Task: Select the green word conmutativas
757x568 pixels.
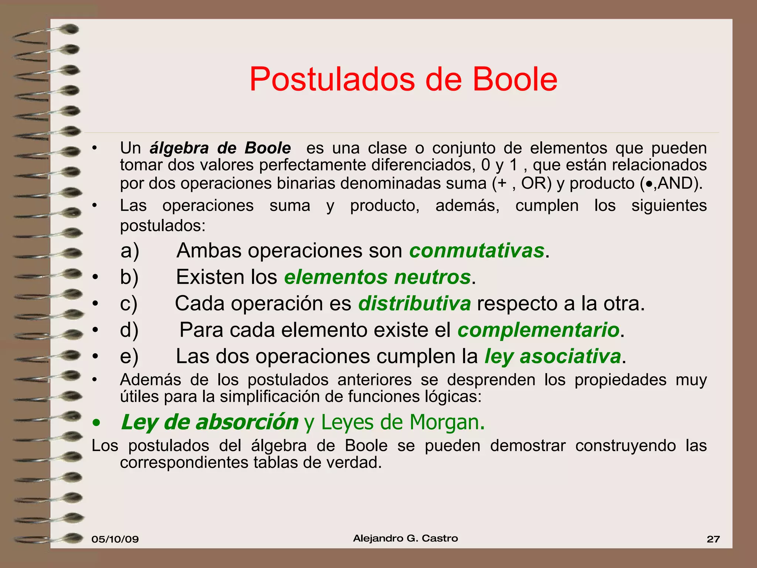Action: [x=477, y=251]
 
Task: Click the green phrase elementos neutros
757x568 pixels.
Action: [x=377, y=277]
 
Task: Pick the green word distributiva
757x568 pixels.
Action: [x=414, y=304]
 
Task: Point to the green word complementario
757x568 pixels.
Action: [x=539, y=330]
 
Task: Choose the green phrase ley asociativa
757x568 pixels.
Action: [x=553, y=356]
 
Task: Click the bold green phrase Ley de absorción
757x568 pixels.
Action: [x=210, y=422]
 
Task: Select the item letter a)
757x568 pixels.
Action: [x=130, y=251]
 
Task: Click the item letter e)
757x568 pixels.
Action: [x=129, y=356]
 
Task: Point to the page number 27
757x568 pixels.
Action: [x=713, y=539]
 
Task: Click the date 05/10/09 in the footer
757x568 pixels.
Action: [x=115, y=539]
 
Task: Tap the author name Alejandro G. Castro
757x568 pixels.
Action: [x=405, y=538]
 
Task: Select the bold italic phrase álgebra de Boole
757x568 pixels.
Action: [x=220, y=148]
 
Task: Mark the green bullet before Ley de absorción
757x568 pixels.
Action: [x=96, y=423]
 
